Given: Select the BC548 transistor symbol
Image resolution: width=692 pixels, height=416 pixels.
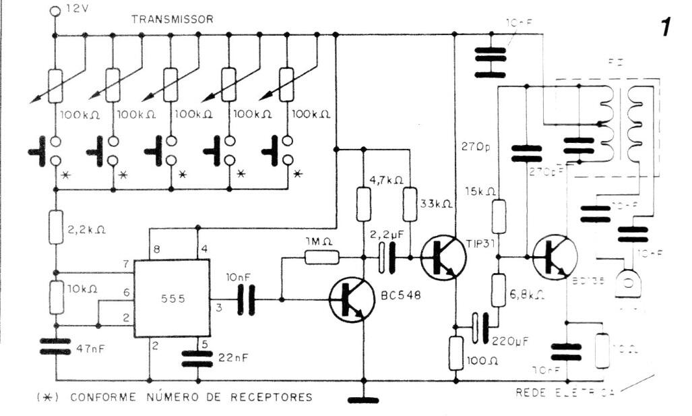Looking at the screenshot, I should click(x=351, y=300).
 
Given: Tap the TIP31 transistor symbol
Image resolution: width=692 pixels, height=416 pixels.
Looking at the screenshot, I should click(x=443, y=257).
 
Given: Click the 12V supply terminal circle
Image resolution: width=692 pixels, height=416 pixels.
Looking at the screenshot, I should click(x=55, y=10).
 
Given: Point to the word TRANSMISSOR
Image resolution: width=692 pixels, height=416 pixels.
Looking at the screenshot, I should click(x=172, y=20).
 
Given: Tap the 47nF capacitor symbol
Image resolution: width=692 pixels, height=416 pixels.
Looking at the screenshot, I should click(x=55, y=347).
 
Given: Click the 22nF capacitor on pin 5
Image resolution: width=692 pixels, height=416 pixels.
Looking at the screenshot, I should click(x=197, y=357).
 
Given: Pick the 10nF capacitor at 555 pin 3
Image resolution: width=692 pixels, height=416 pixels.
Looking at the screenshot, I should click(x=246, y=299).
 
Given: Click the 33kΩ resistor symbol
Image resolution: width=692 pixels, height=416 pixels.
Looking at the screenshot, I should click(x=409, y=204).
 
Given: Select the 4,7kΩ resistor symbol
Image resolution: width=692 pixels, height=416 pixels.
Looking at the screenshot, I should click(x=363, y=204).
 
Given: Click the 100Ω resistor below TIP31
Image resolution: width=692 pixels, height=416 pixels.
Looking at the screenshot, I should click(x=455, y=353).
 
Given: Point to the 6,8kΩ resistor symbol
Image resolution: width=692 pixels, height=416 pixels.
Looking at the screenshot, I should click(x=498, y=289).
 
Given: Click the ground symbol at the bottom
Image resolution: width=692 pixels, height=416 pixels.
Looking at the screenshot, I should click(x=363, y=400).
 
